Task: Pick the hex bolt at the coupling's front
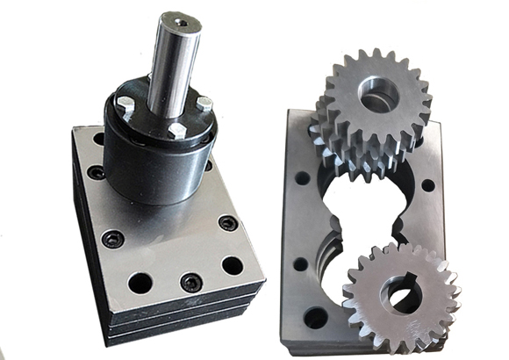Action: [x=176, y=130]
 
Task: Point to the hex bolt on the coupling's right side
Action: [x=204, y=104]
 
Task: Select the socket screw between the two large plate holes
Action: [x=190, y=281]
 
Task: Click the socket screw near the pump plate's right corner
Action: [x=227, y=223]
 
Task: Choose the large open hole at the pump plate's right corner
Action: [x=232, y=264]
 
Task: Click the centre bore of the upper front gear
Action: [x=377, y=95]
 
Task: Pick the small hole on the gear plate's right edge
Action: [x=427, y=185]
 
